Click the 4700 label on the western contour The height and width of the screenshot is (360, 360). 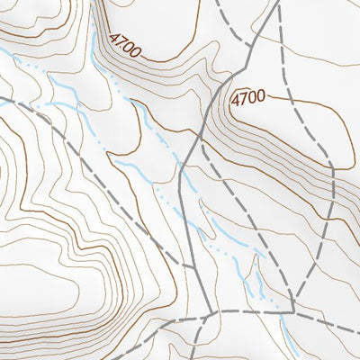[x=123, y=46]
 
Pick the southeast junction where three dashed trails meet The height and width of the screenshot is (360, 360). [x=293, y=311]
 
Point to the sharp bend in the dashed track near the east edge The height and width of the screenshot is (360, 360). [x=334, y=166]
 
